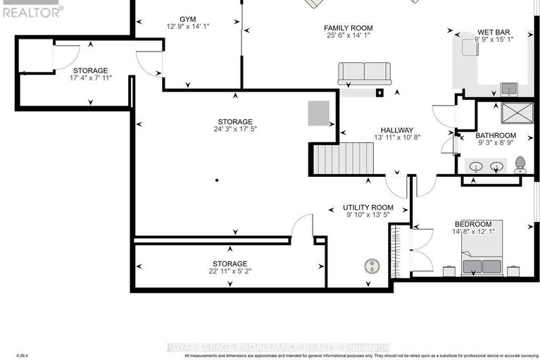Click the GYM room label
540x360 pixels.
[187, 19]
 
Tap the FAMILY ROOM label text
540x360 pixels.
[349, 28]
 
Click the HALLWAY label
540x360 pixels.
[397, 130]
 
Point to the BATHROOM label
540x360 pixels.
[496, 135]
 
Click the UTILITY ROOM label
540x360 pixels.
[368, 208]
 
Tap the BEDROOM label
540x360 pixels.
[472, 224]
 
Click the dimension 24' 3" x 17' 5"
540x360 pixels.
[234, 130]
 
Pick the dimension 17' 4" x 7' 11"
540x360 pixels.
[91, 79]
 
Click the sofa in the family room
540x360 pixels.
[365, 73]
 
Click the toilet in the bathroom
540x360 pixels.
[520, 164]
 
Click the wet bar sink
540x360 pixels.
[508, 89]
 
